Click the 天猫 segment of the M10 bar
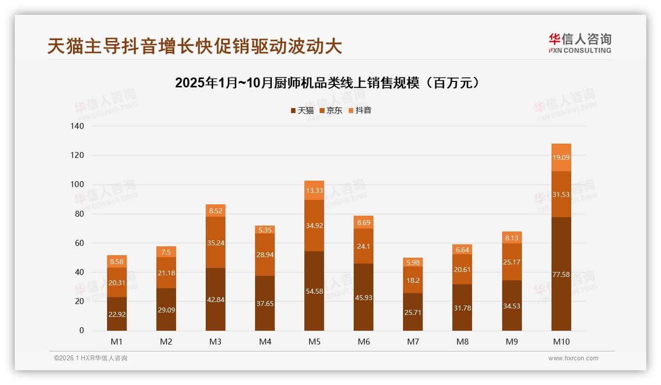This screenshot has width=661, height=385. tap(561, 296)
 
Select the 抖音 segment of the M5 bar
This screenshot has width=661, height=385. tap(314, 191)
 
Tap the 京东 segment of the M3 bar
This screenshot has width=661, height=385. tap(216, 242)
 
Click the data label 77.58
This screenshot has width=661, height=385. tap(561, 274)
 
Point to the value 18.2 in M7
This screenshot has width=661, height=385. tap(413, 280)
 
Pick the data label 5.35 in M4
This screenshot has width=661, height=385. tap(265, 230)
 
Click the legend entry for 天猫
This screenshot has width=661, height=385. tap(302, 111)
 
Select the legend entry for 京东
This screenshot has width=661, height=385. tap(331, 111)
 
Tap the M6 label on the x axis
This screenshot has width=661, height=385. tap(364, 342)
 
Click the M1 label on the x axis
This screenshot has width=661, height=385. tap(117, 342)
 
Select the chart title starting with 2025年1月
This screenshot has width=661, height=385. tap(327, 83)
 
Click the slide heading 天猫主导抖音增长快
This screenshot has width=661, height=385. tap(195, 46)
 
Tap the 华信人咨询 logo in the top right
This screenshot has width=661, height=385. tap(580, 43)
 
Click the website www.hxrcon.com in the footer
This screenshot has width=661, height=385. tap(573, 358)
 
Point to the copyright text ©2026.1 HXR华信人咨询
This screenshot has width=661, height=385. tap(91, 358)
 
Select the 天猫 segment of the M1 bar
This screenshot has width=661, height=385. tap(117, 314)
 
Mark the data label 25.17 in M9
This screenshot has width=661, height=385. tap(512, 262)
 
